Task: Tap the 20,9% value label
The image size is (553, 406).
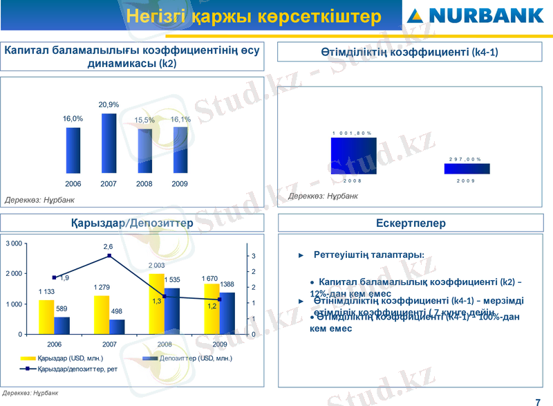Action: click(109, 104)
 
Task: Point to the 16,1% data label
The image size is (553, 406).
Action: click(180, 120)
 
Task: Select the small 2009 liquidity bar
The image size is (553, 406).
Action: click(467, 168)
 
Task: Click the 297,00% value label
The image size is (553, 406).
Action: click(465, 158)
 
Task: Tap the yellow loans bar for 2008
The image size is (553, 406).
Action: click(157, 304)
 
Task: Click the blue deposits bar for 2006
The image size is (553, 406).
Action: click(62, 325)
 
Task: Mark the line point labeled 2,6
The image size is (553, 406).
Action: click(109, 256)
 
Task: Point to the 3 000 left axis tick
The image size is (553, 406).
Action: click(13, 243)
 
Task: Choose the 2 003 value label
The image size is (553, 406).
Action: click(156, 266)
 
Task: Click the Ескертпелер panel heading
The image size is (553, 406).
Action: click(411, 223)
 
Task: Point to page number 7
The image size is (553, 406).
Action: click(538, 401)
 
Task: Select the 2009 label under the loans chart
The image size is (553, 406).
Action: click(219, 344)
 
